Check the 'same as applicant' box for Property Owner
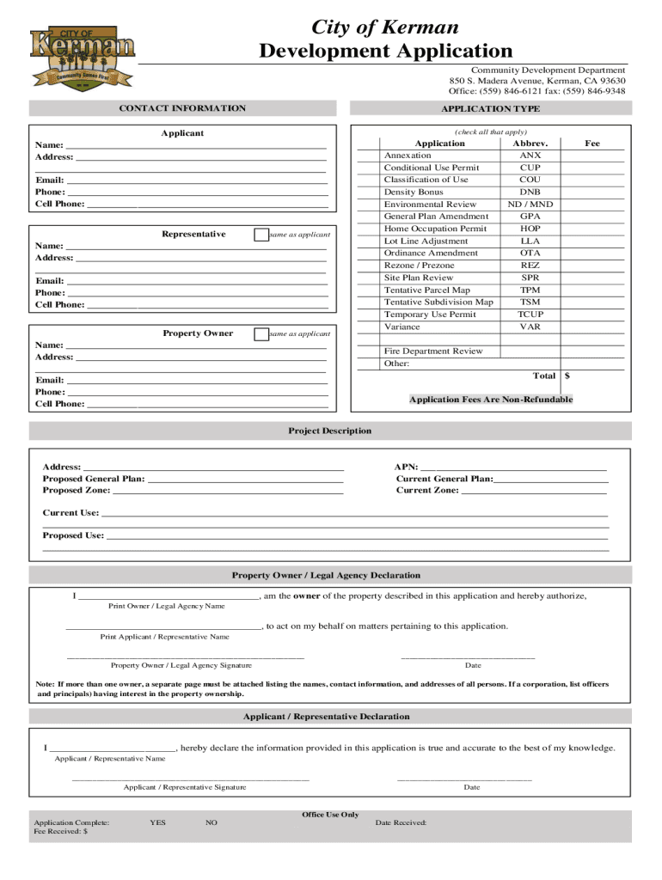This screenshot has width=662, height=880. point(261,334)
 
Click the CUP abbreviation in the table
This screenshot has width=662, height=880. point(530,168)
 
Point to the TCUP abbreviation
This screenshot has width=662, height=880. point(530,315)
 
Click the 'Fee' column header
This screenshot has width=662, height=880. point(592,144)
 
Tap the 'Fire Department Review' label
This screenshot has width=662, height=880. point(433,351)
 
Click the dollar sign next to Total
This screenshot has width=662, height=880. point(567,376)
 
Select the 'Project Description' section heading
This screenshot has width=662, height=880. point(330,431)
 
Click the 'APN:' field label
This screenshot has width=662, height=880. point(406,467)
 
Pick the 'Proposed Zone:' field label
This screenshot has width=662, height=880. point(77,490)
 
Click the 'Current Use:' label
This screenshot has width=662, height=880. point(70,513)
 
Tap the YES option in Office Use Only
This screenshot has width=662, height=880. point(157,822)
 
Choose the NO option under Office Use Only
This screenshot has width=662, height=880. point(211,822)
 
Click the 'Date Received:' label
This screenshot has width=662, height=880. point(401,822)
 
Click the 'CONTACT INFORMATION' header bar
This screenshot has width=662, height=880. point(181,108)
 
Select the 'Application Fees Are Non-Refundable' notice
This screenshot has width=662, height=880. point(490,400)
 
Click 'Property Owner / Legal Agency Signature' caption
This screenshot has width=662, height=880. point(181,665)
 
